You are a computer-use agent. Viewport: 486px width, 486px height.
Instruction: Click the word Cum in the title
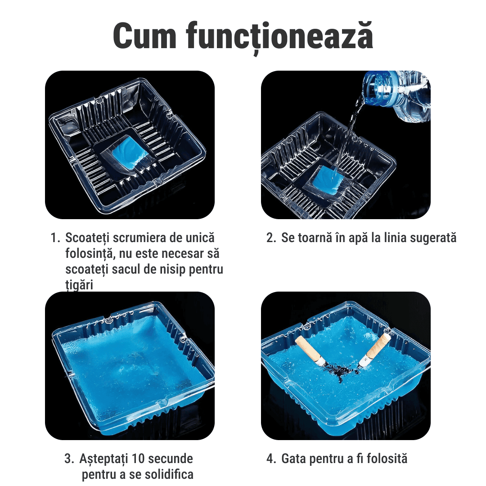pos(145,36)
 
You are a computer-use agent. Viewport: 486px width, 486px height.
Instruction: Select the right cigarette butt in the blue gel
pos(374,350)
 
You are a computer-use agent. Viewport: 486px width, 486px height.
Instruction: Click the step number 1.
pos(55,238)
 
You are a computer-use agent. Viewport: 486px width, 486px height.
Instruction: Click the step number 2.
pos(271,238)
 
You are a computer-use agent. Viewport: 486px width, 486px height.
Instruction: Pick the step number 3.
pos(69,459)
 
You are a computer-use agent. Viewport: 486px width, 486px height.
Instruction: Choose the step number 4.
pos(271,459)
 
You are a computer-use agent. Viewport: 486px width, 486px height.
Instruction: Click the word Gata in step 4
pos(294,459)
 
